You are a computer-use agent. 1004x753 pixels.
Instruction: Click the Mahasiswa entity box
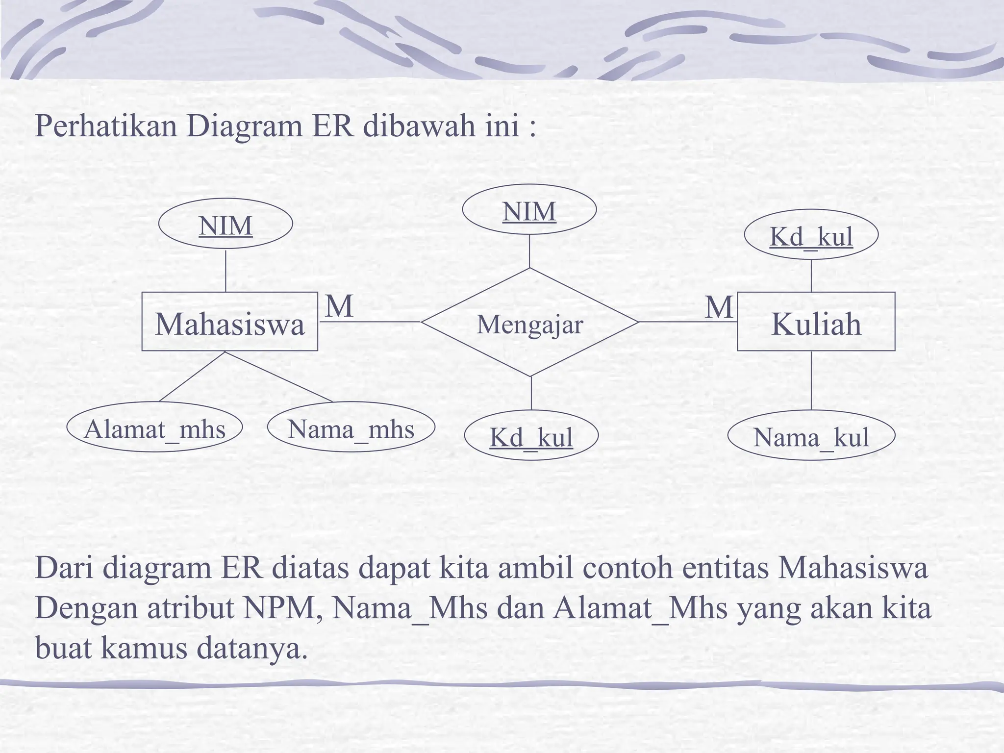click(x=229, y=322)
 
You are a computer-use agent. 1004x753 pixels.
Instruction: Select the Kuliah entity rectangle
click(x=816, y=322)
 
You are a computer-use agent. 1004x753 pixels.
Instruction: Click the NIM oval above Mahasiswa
click(x=226, y=225)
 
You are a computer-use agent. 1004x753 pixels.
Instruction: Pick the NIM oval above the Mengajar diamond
click(x=529, y=210)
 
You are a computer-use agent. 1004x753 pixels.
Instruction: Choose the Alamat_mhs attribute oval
click(x=154, y=428)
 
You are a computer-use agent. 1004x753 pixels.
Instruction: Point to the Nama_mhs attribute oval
click(x=351, y=428)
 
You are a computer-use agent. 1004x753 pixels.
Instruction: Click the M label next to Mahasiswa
click(x=339, y=306)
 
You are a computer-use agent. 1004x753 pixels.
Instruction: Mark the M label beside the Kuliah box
click(x=719, y=307)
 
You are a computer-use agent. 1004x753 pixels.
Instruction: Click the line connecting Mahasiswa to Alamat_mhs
click(x=192, y=376)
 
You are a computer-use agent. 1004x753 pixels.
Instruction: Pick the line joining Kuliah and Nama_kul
click(x=811, y=380)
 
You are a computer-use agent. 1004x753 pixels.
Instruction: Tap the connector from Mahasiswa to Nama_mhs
click(x=278, y=376)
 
